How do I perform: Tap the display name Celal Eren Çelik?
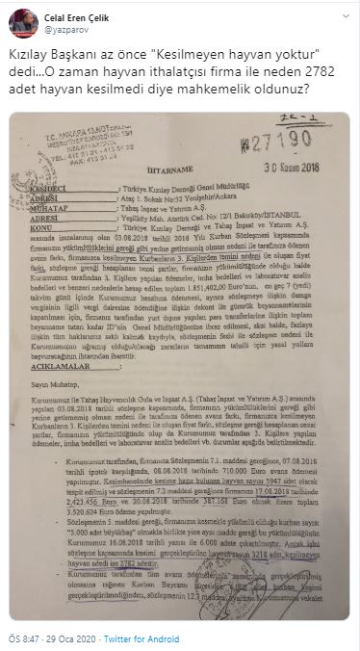pyautogui.click(x=72, y=11)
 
